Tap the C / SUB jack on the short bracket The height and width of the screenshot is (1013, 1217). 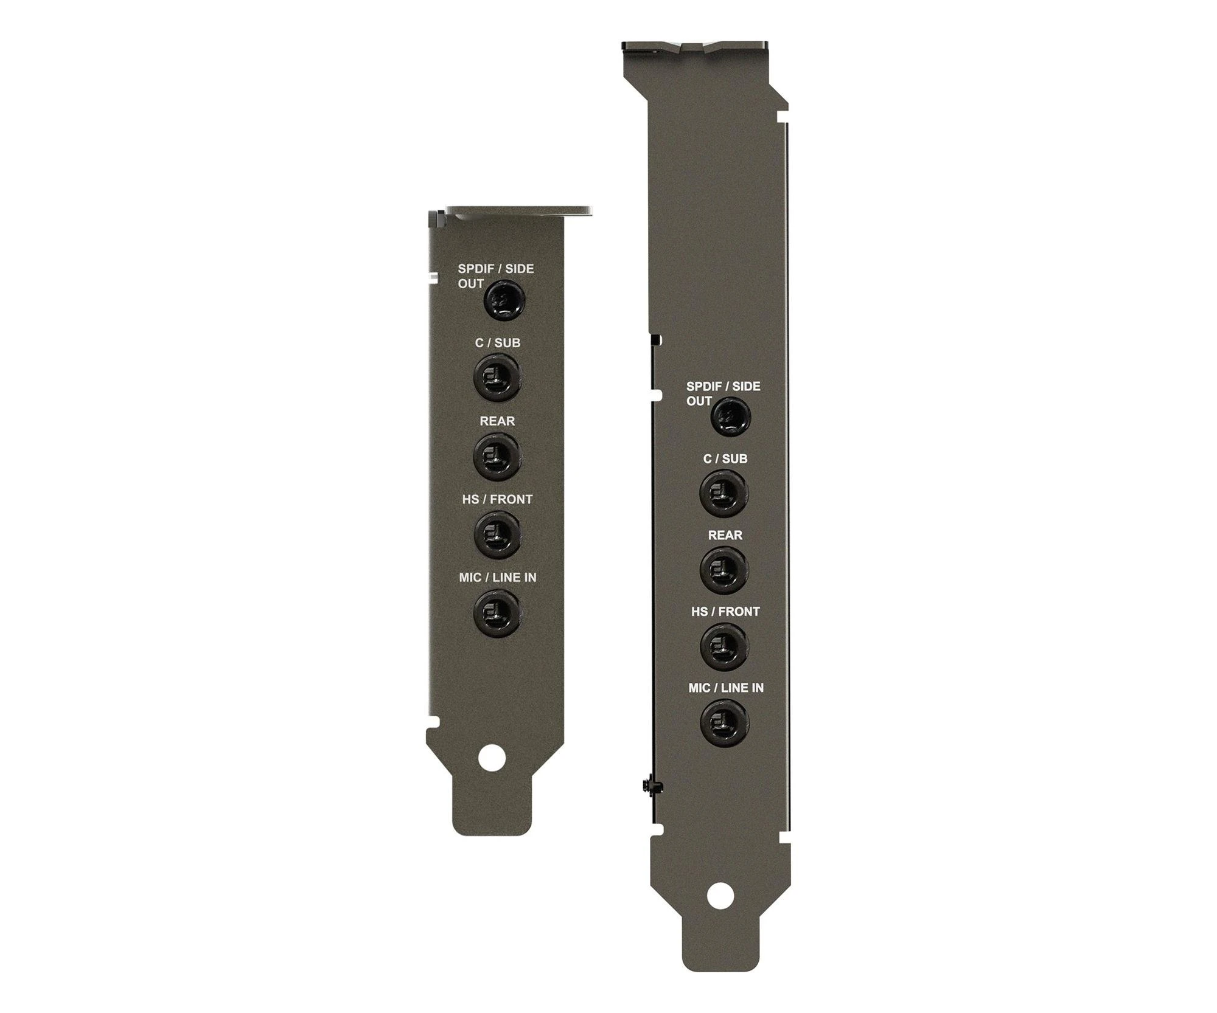click(x=497, y=378)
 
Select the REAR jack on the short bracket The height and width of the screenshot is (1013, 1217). click(x=497, y=456)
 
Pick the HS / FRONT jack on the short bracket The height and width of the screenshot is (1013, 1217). click(x=497, y=534)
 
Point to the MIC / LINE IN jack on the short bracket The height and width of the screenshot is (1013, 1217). click(x=497, y=612)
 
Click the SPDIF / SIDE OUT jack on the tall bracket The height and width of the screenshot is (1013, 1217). click(x=730, y=417)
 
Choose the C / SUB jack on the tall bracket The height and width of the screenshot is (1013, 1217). click(x=724, y=493)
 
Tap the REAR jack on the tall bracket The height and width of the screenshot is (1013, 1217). click(x=724, y=570)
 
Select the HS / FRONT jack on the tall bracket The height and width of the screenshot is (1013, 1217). click(x=724, y=646)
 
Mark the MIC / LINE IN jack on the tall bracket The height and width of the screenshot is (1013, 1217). click(x=724, y=723)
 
